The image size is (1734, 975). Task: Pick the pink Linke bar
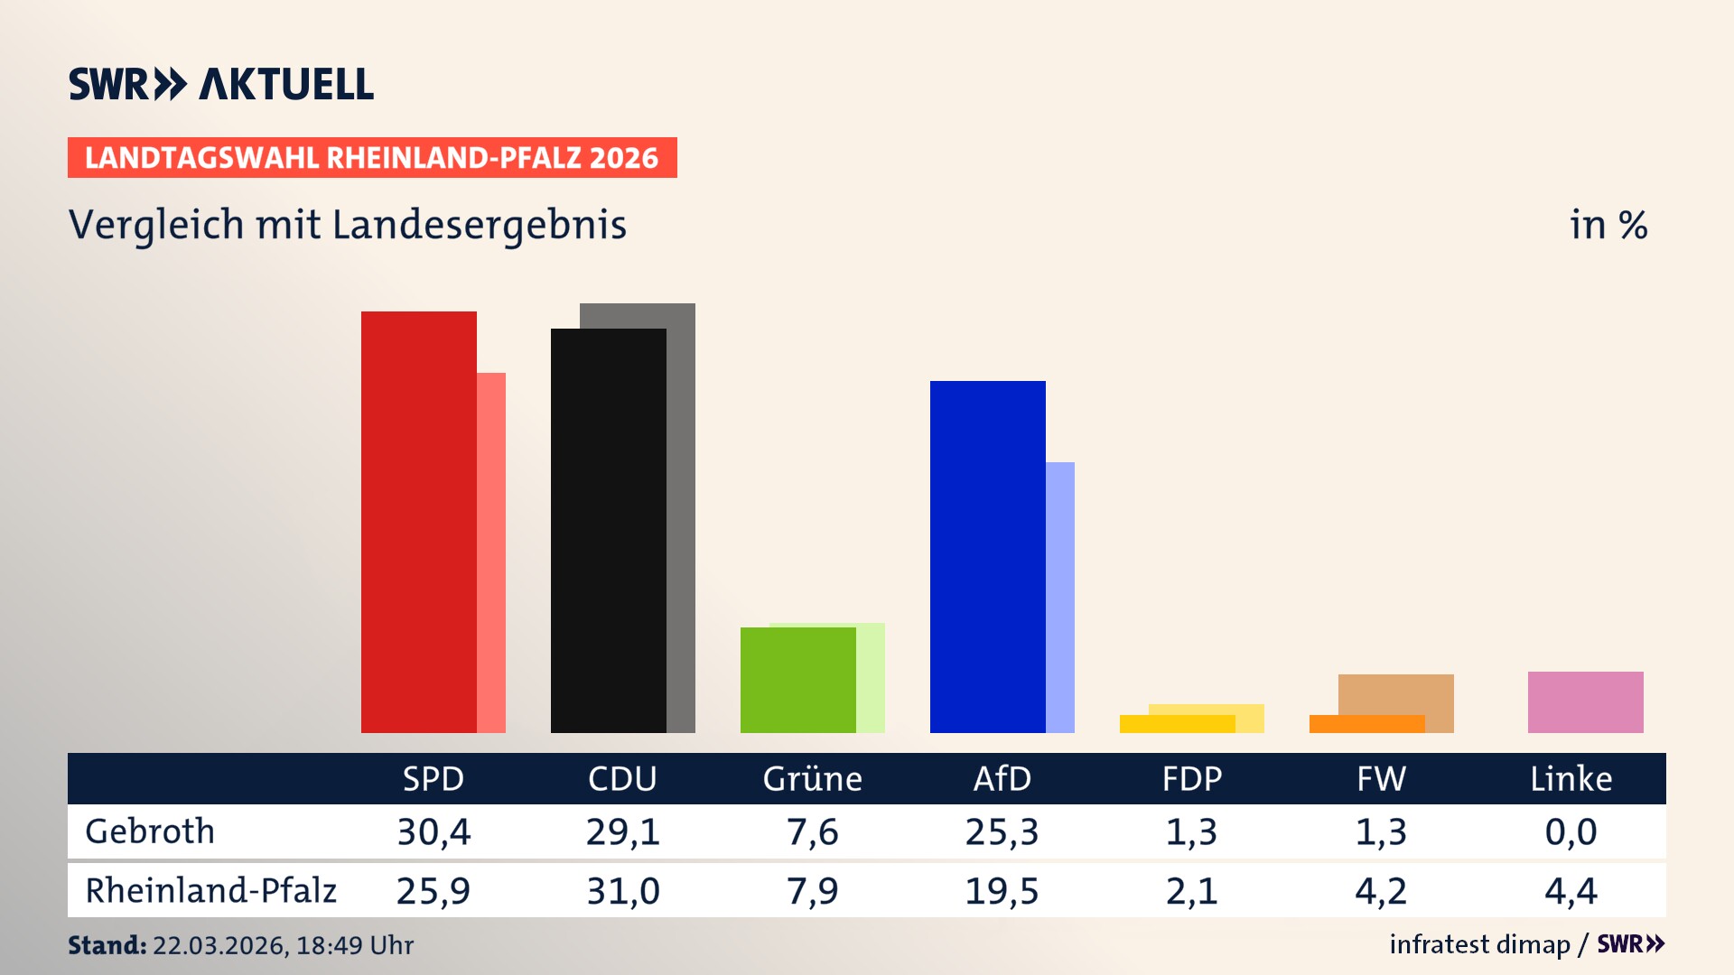(x=1585, y=701)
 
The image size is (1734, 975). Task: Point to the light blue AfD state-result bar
(x=1060, y=596)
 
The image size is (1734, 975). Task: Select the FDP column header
(x=1191, y=778)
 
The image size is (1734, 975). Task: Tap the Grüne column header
(x=812, y=778)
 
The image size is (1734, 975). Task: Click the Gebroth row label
(x=150, y=831)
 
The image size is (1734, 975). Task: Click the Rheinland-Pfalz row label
(x=210, y=891)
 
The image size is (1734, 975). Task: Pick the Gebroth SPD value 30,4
(x=433, y=831)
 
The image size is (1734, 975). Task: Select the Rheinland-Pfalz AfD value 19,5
(x=1002, y=891)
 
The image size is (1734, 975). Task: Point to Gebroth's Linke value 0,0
(x=1571, y=831)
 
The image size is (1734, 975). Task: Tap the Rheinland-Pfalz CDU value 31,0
(x=623, y=891)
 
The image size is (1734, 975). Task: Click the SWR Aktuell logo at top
(x=221, y=84)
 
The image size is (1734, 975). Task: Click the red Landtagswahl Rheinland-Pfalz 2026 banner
(x=372, y=158)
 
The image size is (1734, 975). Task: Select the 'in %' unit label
(x=1608, y=225)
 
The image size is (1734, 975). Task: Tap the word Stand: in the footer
(x=107, y=945)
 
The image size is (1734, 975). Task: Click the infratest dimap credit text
(x=1479, y=944)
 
